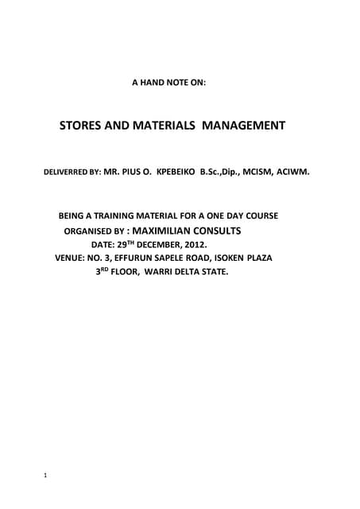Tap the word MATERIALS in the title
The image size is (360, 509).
coord(165,126)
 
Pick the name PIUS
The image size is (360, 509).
coord(138,171)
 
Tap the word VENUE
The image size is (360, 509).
coord(72,258)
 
